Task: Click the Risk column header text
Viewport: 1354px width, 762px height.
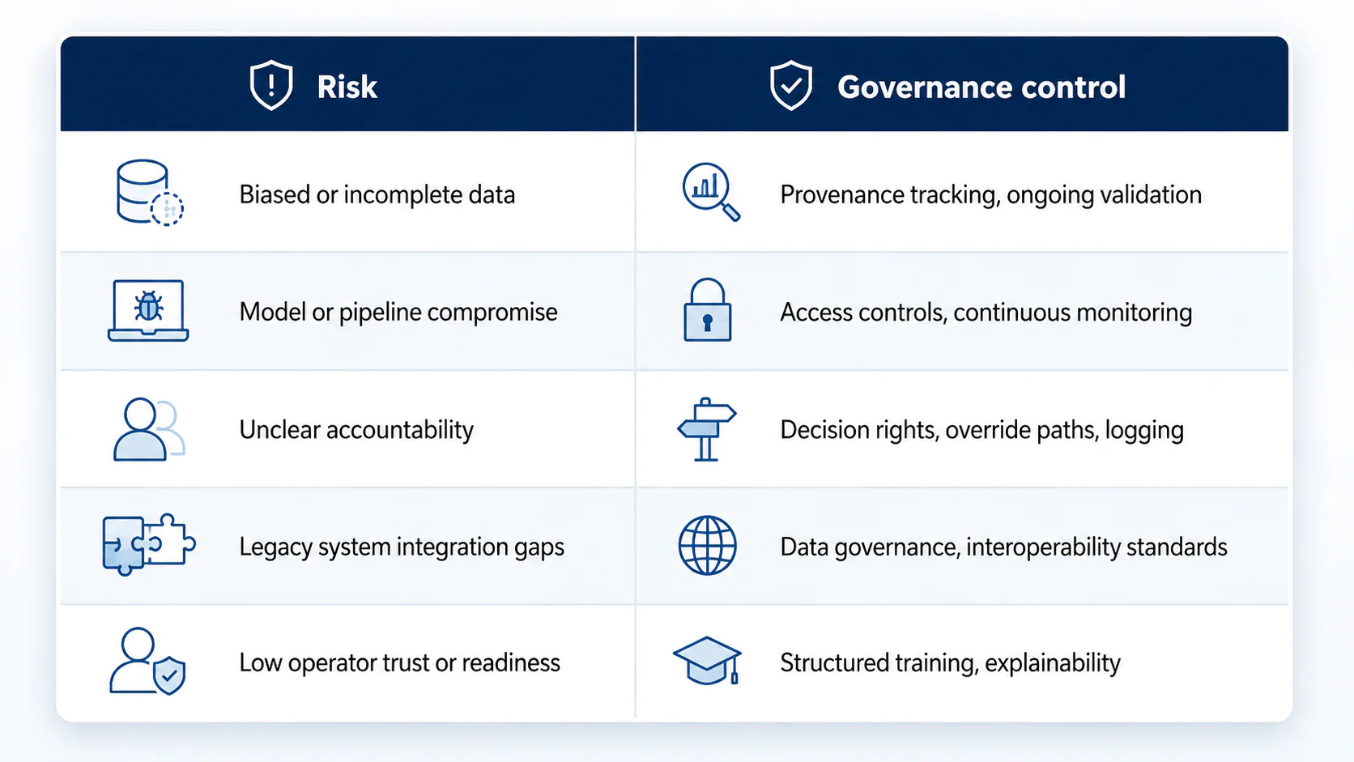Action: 347,87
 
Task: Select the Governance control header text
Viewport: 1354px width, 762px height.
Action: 981,87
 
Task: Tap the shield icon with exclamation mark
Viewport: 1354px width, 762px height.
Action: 271,84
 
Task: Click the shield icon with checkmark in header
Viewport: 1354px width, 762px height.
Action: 790,84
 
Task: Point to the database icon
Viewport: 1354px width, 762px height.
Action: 149,193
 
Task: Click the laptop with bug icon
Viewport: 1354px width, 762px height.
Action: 148,311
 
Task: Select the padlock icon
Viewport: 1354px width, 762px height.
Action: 707,310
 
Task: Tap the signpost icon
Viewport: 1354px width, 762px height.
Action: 706,429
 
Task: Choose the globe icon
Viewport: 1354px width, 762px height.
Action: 707,545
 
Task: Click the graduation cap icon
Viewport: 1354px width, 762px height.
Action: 707,661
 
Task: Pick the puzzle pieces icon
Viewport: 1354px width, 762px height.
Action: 149,544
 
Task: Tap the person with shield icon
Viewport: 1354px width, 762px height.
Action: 147,661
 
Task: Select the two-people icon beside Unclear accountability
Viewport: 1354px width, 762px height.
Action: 149,429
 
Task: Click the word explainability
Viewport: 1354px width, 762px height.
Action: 1053,663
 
